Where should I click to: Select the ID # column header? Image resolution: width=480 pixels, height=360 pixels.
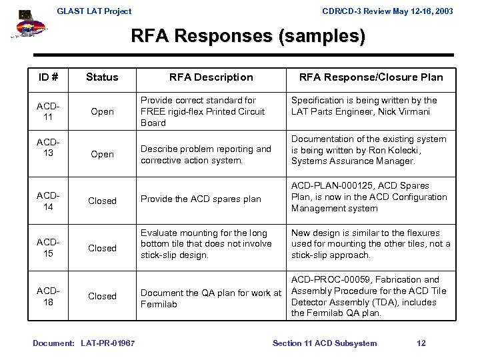[x=49, y=77]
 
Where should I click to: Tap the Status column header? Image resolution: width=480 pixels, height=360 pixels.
[x=102, y=77]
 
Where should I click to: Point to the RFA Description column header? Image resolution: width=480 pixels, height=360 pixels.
[x=211, y=77]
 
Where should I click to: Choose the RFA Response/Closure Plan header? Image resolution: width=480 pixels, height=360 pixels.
[x=371, y=77]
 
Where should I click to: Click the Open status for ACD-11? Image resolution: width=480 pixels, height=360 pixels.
[x=102, y=112]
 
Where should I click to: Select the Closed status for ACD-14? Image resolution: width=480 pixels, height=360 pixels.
[x=102, y=201]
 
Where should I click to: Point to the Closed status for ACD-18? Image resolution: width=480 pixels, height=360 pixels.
[x=102, y=296]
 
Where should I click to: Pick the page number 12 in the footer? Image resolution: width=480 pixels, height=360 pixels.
[x=421, y=343]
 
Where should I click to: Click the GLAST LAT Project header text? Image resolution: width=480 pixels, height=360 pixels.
[x=94, y=11]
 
